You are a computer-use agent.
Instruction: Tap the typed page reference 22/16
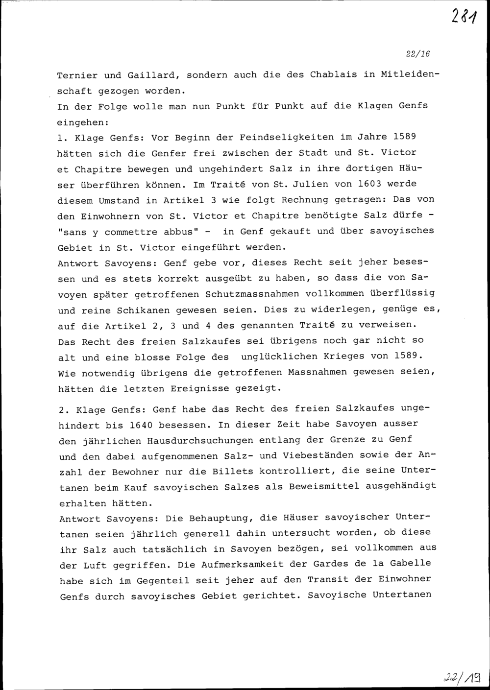416,54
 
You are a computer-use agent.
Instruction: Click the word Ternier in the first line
77,76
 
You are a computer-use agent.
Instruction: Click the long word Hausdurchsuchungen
200,441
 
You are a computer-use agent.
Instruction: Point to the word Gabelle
411,564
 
